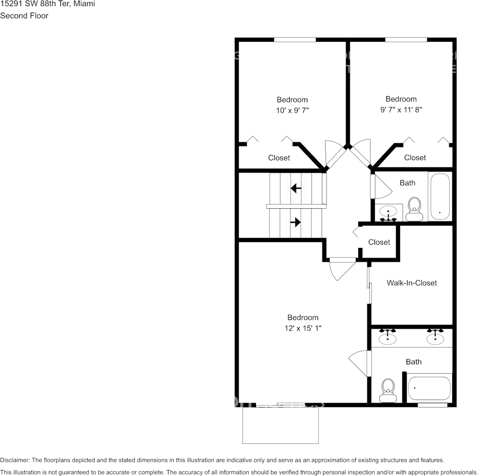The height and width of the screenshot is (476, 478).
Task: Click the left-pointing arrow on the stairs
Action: click(296, 189)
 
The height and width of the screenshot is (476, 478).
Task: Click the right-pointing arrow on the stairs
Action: click(296, 222)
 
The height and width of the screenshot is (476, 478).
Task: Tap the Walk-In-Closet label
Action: click(412, 283)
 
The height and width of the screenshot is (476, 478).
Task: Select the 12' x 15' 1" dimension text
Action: click(303, 328)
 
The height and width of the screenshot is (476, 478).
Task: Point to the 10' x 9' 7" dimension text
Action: click(292, 110)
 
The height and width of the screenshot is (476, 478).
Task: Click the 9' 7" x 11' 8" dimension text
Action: click(401, 110)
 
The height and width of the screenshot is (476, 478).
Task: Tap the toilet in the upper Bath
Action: click(414, 208)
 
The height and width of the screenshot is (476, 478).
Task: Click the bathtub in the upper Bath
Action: click(440, 197)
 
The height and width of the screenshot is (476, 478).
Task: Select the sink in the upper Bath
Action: click(388, 212)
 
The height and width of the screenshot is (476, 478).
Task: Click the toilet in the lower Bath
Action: click(387, 390)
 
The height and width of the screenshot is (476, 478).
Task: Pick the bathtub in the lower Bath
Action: click(429, 388)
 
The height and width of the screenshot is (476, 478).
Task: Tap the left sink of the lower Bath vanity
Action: click(387, 338)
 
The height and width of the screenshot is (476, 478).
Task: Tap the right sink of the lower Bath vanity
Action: click(435, 338)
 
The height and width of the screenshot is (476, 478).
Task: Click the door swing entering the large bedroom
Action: click(342, 269)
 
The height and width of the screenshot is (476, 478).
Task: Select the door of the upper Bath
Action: click(380, 186)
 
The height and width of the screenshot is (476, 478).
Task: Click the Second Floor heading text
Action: click(24, 16)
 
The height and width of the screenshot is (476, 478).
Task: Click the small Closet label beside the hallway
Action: click(379, 242)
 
